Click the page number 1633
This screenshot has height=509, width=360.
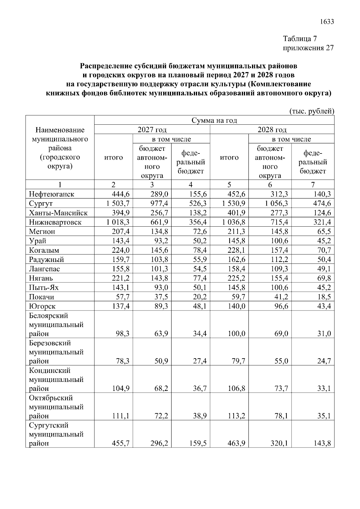327,22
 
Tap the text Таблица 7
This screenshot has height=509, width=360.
300,39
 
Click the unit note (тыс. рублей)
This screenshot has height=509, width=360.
311,111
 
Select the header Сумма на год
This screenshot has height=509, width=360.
214,121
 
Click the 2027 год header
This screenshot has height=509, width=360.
152,130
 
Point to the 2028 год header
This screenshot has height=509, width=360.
272,130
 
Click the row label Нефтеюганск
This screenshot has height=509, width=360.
52,194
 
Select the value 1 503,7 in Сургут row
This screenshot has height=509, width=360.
118,204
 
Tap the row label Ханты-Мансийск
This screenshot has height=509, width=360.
58,213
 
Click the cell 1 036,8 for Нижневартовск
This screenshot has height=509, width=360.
233,222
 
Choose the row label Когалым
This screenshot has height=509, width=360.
44,250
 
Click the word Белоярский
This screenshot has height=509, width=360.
49,316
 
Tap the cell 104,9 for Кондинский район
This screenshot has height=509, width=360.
121,389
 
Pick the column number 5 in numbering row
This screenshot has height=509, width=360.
229,185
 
